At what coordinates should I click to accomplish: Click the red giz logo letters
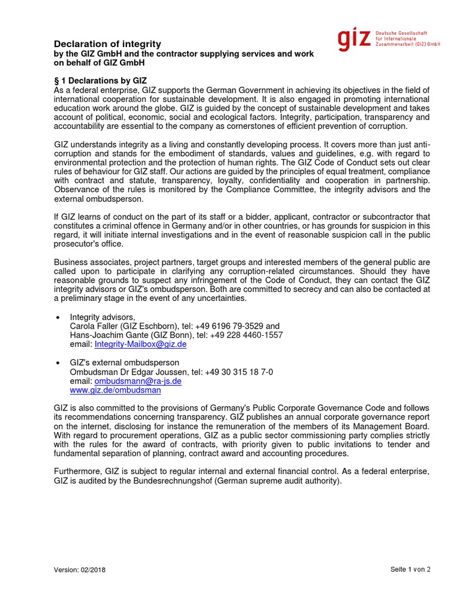pyautogui.click(x=354, y=39)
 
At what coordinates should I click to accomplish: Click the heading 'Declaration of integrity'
pyautogui.click(x=107, y=44)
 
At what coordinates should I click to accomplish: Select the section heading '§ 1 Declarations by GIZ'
pyautogui.click(x=100, y=80)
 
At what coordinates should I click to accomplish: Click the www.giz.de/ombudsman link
pyautogui.click(x=115, y=390)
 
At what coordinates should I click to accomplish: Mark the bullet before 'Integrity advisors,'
pyautogui.click(x=58, y=317)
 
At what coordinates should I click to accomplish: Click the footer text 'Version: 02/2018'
pyautogui.click(x=80, y=570)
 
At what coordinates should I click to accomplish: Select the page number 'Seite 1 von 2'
pyautogui.click(x=410, y=569)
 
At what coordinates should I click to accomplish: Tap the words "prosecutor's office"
pyautogui.click(x=88, y=244)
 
